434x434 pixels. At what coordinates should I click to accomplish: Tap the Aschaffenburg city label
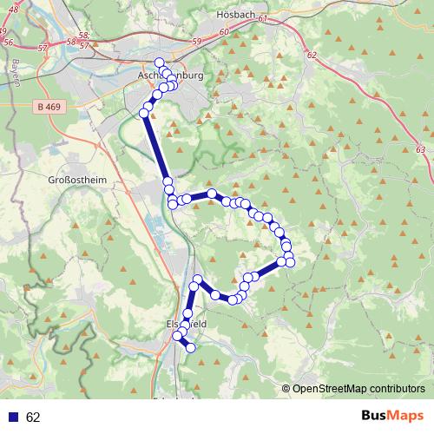pos(170,76)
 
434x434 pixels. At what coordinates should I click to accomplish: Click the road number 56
pos(9,42)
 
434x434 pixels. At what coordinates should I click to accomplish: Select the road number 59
pos(196,42)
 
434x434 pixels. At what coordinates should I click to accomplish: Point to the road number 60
pos(225,31)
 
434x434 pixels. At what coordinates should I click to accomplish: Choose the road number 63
pos(420,150)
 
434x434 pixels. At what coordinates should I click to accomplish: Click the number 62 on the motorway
pos(312,55)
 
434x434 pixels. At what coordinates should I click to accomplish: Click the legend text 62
pos(33,418)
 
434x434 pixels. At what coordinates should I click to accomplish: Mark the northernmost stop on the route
pos(159,62)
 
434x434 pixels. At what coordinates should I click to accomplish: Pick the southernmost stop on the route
pos(191,349)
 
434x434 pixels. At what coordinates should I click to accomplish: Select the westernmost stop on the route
pos(144,113)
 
